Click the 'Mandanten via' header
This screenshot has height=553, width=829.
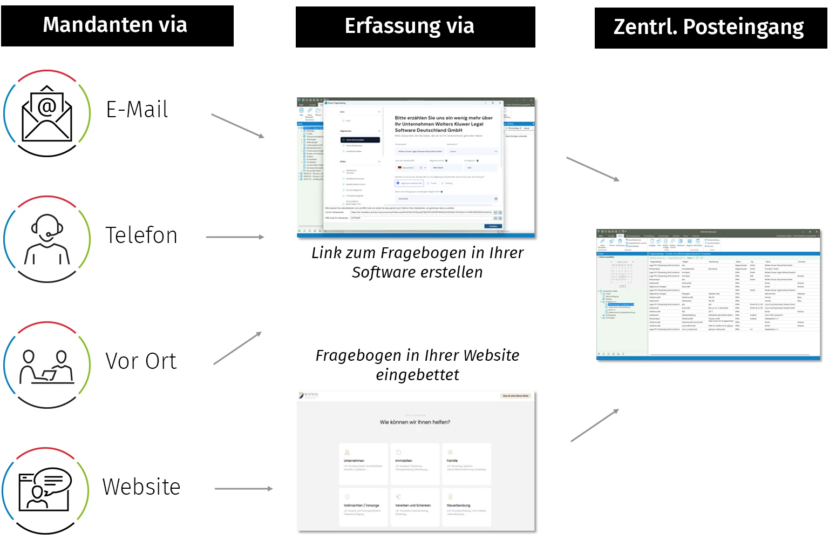(x=117, y=25)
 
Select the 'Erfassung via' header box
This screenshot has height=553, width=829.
(x=415, y=26)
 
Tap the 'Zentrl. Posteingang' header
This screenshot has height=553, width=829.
(x=710, y=28)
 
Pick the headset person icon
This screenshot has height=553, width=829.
(x=47, y=239)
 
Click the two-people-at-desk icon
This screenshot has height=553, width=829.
(x=47, y=366)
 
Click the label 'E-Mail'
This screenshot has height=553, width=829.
(x=137, y=110)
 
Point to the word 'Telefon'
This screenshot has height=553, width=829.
(x=141, y=235)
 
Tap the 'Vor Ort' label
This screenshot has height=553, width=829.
(x=141, y=361)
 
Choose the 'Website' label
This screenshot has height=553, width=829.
(x=141, y=487)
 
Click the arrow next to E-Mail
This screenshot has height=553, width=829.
(x=237, y=126)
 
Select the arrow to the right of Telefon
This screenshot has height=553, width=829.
(x=235, y=237)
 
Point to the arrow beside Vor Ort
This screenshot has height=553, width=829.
(x=237, y=348)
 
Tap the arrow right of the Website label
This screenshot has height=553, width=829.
(x=243, y=489)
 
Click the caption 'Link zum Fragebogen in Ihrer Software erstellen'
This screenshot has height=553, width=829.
(x=417, y=262)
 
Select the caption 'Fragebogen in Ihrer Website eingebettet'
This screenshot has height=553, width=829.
(x=417, y=365)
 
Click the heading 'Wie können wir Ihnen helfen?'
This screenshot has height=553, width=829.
(x=414, y=422)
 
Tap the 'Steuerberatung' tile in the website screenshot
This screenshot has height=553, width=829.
(x=466, y=507)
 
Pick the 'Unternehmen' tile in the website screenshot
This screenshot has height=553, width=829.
(x=363, y=463)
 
